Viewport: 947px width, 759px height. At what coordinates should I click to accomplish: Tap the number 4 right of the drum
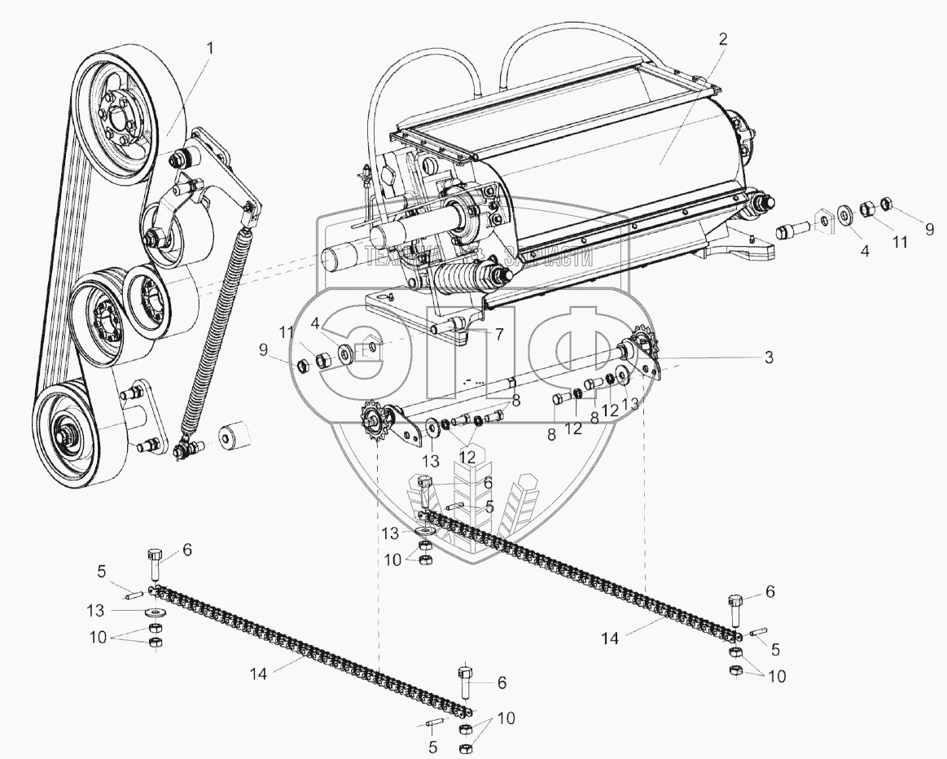[865, 252]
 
